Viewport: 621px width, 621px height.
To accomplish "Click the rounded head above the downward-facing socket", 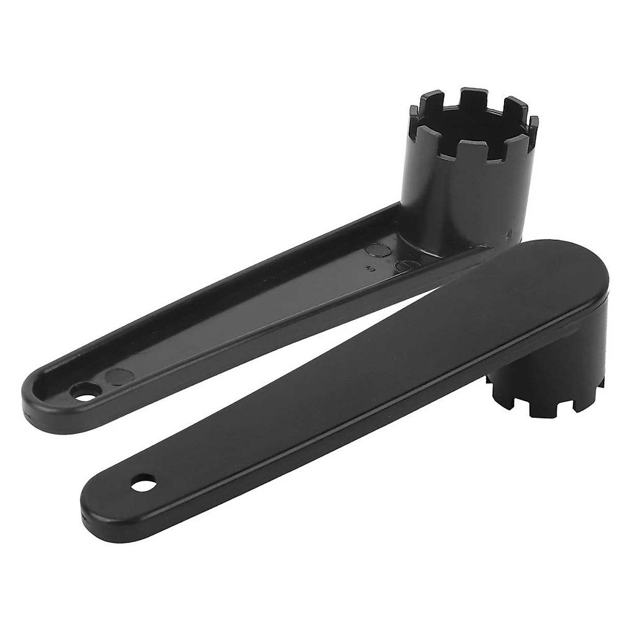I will pyautogui.click(x=564, y=290).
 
